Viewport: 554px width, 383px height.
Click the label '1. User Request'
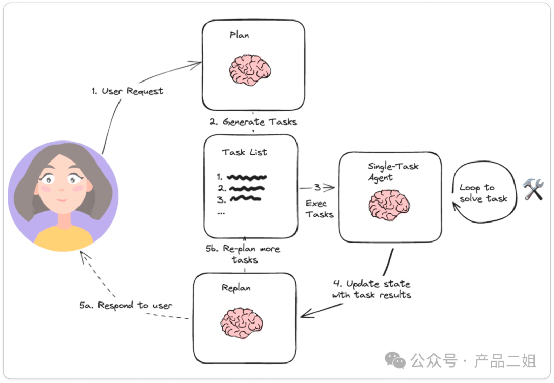(127, 91)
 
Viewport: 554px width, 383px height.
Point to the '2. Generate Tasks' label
(253, 122)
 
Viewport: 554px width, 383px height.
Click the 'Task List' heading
(244, 152)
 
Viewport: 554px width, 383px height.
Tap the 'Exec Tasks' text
(320, 209)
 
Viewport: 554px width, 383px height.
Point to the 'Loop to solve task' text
(483, 193)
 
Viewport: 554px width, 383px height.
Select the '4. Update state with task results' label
(371, 289)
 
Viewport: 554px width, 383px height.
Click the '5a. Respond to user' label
(125, 306)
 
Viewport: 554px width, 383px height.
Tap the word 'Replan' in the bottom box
(236, 288)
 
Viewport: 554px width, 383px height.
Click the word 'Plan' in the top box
(239, 36)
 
